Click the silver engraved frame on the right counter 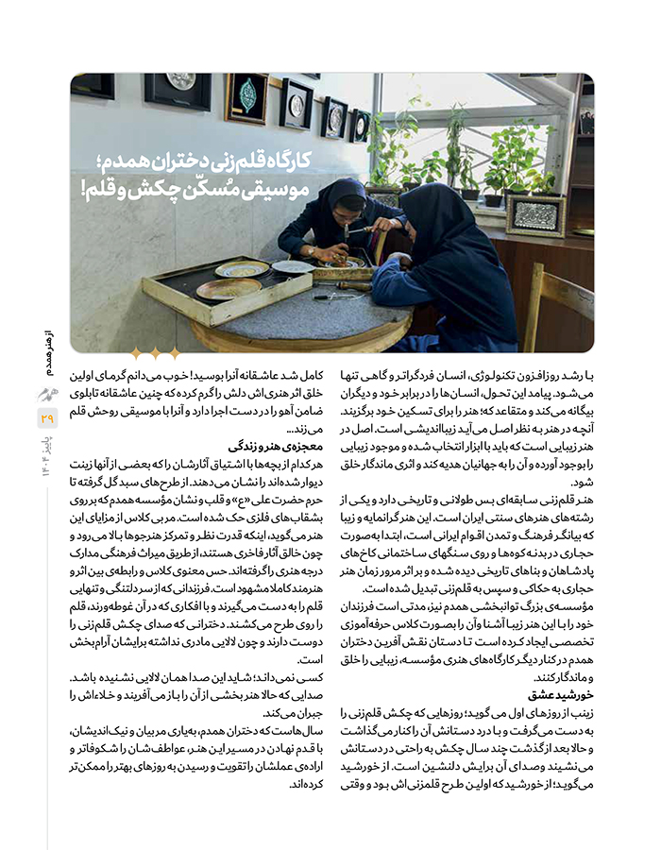(x=535, y=214)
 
